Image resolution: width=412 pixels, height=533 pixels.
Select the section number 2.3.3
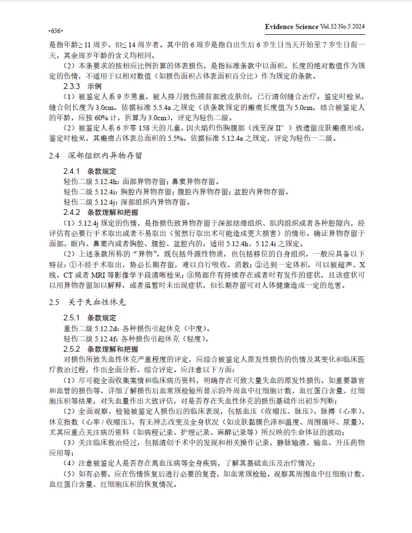coord(74,86)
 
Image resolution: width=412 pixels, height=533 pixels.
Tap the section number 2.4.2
coord(74,212)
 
